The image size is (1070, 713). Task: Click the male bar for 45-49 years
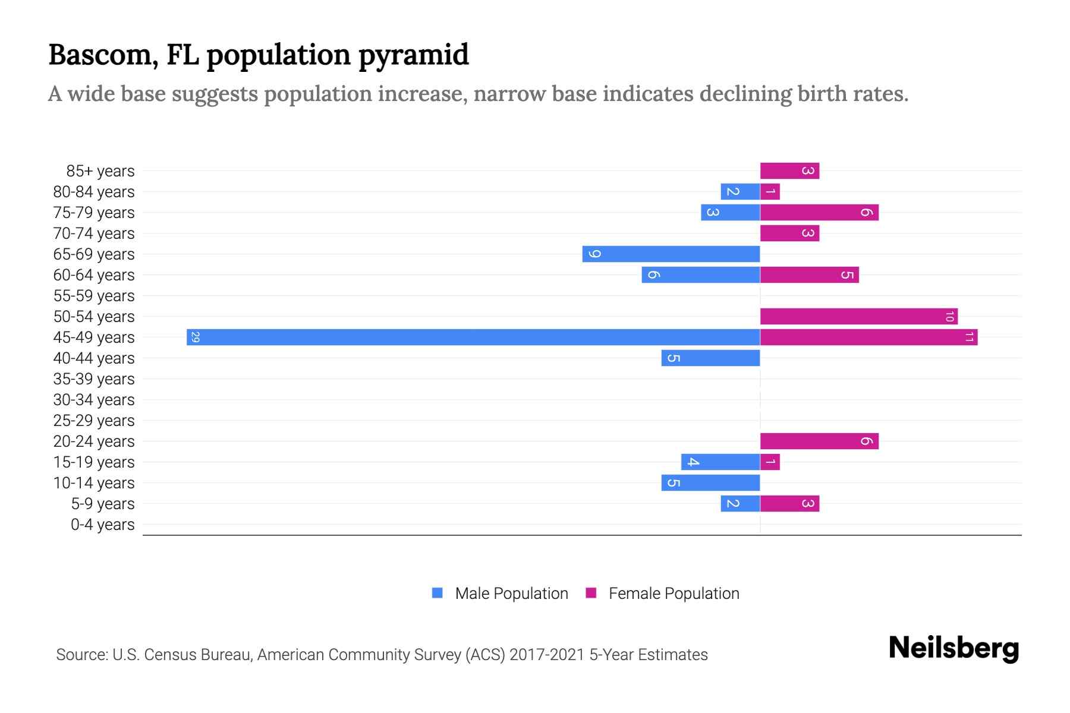tap(473, 337)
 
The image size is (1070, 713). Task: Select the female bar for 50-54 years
tap(858, 316)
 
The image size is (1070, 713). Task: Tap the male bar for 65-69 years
tap(671, 254)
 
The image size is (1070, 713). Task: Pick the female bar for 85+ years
tap(789, 171)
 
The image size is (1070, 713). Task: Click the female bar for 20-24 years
tap(819, 441)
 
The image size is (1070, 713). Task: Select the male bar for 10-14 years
tap(710, 482)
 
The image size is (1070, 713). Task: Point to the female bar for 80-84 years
tap(770, 191)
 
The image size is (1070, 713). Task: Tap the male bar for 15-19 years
tap(720, 462)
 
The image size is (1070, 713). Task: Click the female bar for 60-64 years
tap(809, 275)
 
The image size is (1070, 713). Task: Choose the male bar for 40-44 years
tap(710, 358)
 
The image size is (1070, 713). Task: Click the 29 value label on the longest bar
tap(195, 337)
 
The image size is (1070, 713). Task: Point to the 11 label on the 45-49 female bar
tap(969, 337)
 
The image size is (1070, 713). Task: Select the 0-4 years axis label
tap(102, 525)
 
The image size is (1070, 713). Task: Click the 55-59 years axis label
tap(94, 295)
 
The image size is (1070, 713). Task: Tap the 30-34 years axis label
tap(94, 399)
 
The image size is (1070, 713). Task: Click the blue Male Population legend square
tap(438, 593)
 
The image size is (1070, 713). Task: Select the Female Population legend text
tap(674, 593)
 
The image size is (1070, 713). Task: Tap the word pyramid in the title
tap(414, 55)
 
